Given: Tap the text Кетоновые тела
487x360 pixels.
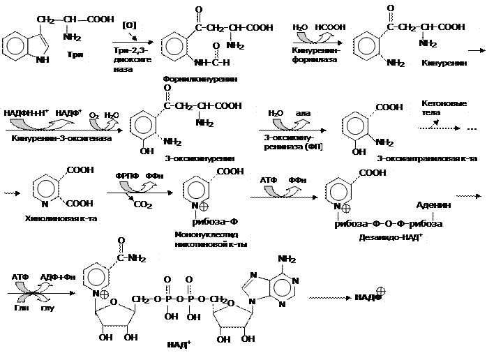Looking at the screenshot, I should point(444,109).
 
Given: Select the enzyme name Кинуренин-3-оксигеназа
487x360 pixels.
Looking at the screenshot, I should point(62,138).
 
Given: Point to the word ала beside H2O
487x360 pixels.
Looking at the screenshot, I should point(303,113).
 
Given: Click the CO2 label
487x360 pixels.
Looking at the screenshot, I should point(142,206).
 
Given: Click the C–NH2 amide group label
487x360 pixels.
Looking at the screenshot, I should point(132,259).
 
